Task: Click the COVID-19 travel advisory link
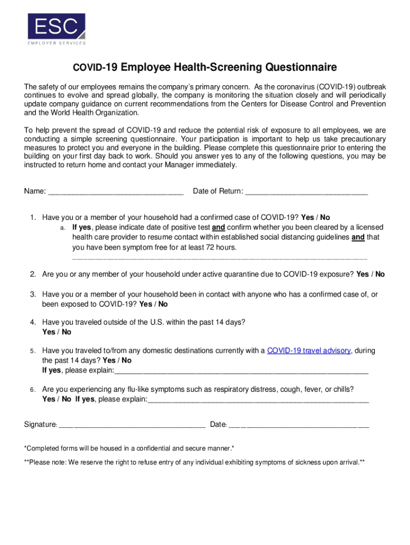(308, 350)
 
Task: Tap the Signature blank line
(132, 425)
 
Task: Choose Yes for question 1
(307, 217)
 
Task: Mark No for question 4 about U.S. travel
(67, 332)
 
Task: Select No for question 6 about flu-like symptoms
(66, 399)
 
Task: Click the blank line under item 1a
(219, 258)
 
